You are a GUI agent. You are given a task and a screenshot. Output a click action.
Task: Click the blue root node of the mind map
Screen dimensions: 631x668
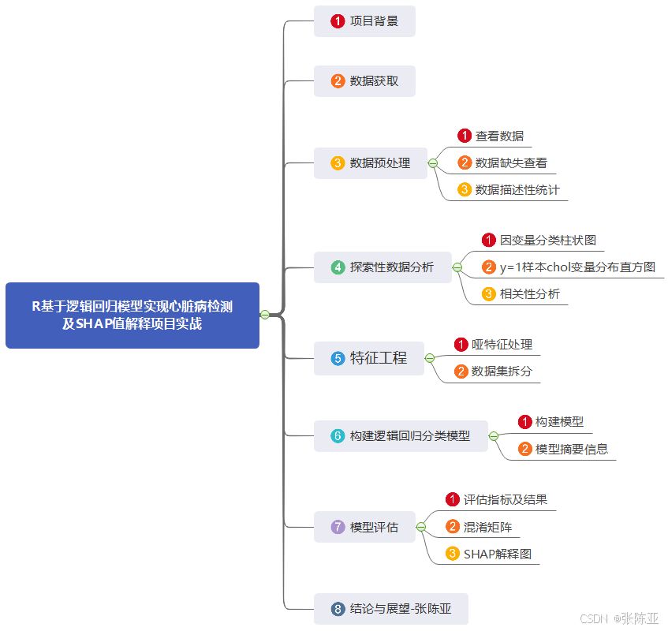click(132, 315)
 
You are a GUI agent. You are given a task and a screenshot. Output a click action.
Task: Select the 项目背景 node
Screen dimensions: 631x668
click(364, 21)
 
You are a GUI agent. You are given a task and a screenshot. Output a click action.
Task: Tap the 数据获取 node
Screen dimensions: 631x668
click(364, 81)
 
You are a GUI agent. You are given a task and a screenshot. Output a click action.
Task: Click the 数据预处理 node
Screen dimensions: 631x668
click(371, 163)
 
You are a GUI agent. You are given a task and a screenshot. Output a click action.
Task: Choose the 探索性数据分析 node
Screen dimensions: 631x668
click(383, 267)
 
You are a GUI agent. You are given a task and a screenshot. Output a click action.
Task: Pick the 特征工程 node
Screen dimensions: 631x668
click(369, 358)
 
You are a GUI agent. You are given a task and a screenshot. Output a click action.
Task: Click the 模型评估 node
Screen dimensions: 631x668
click(364, 527)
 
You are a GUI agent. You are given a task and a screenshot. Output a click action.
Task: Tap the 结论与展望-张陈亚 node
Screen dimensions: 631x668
click(391, 609)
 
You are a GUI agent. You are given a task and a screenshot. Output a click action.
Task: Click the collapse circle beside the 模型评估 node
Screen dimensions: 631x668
click(421, 527)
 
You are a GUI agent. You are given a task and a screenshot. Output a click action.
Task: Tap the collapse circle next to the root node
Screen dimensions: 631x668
click(265, 315)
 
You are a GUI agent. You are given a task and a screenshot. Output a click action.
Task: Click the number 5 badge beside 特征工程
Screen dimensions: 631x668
click(338, 358)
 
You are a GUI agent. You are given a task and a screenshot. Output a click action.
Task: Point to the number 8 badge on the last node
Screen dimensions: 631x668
click(338, 609)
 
